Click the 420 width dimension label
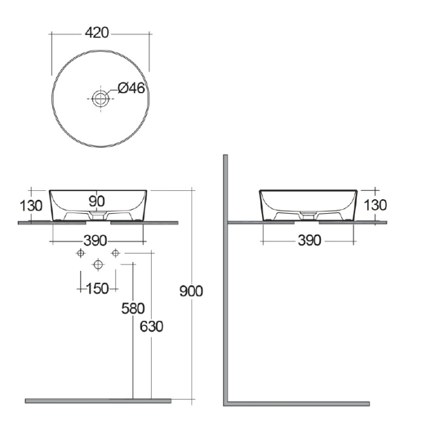click(x=97, y=33)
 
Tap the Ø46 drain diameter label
click(x=131, y=88)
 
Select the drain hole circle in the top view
click(x=100, y=98)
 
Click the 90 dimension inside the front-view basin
click(x=97, y=201)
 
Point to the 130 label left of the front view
click(x=31, y=206)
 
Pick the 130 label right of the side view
click(x=375, y=205)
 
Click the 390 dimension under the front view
click(x=95, y=241)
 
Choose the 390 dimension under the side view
click(x=310, y=240)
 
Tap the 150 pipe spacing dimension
click(x=98, y=289)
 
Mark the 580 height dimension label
click(x=133, y=308)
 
